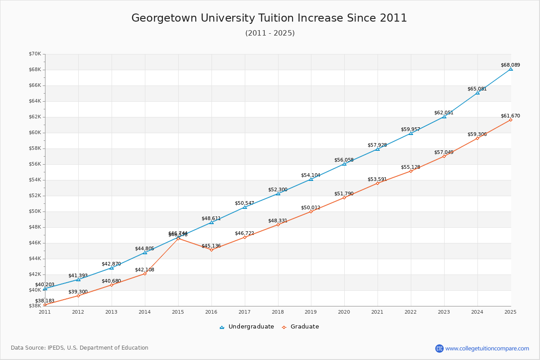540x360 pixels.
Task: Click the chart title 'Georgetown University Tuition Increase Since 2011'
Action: (x=269, y=18)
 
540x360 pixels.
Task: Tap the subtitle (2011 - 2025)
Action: (x=270, y=33)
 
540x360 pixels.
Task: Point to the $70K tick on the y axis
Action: (x=35, y=54)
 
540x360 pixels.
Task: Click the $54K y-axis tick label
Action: (x=35, y=180)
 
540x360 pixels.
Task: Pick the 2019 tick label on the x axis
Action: (x=311, y=311)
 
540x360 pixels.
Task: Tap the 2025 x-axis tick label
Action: (x=510, y=311)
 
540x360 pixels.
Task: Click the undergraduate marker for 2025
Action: (x=511, y=69)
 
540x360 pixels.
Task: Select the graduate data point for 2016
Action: (x=211, y=250)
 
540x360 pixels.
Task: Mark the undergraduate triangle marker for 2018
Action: (x=278, y=193)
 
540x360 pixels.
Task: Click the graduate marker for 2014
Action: (x=145, y=274)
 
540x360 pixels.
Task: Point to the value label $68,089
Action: (x=510, y=65)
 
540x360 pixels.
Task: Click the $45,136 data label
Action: (x=211, y=246)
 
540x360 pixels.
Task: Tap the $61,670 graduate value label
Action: (x=510, y=116)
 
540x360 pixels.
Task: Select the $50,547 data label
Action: (x=244, y=203)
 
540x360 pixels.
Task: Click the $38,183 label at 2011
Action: (x=45, y=300)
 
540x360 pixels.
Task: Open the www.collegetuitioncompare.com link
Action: (x=487, y=348)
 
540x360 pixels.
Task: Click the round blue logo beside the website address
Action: (x=439, y=348)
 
